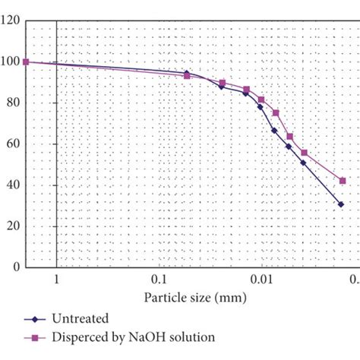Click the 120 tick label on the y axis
[11, 21]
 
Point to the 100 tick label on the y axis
[11, 62]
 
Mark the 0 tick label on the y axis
[16, 267]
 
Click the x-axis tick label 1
[56, 279]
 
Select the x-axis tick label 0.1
[159, 279]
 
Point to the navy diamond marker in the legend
[33, 319]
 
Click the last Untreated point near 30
[341, 204]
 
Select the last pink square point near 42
[343, 181]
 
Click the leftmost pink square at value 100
[26, 62]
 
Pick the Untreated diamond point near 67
[274, 131]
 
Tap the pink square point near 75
[276, 113]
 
